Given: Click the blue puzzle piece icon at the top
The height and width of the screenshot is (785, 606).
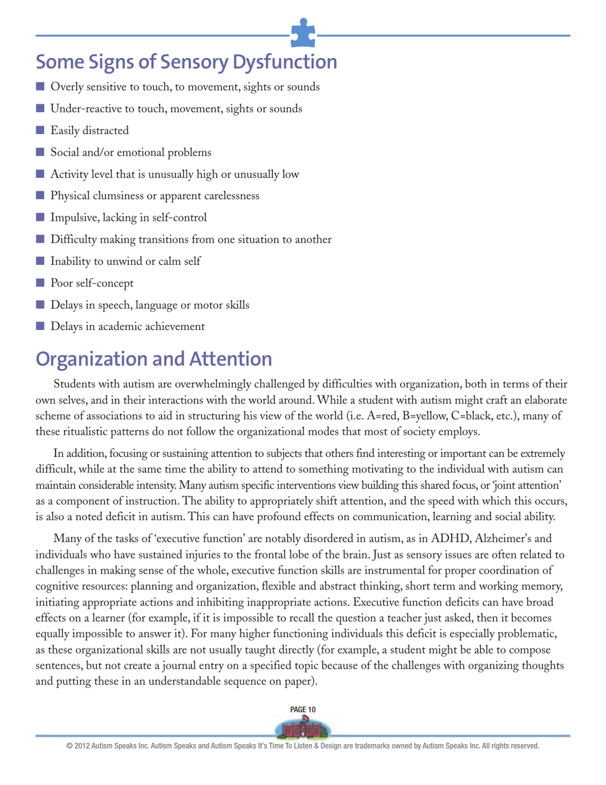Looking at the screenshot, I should pyautogui.click(x=303, y=33).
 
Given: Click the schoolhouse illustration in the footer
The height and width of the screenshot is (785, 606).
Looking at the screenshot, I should pyautogui.click(x=303, y=728).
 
